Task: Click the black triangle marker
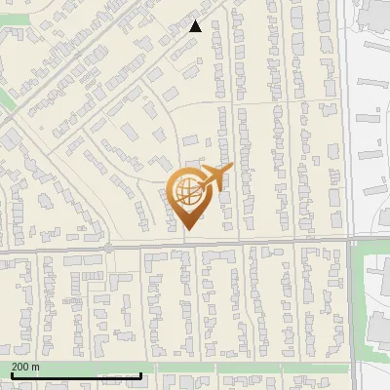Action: pyautogui.click(x=195, y=26)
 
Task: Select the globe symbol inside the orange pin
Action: pyautogui.click(x=187, y=191)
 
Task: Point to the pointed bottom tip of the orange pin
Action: pyautogui.click(x=186, y=229)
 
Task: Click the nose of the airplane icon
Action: pyautogui.click(x=232, y=168)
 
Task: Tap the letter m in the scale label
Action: pyautogui.click(x=35, y=367)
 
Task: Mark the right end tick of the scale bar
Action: pyautogui.click(x=141, y=374)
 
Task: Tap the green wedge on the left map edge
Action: pyautogui.click(x=5, y=106)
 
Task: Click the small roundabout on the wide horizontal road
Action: pyautogui.click(x=108, y=249)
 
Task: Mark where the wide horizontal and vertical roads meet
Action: pyautogui.click(x=349, y=239)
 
